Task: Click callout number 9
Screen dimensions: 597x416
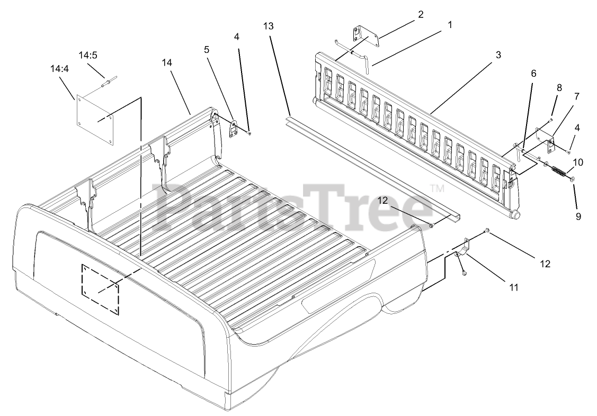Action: [578, 216]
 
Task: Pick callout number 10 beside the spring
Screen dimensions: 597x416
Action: [577, 162]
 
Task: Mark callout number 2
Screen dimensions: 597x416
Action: [420, 14]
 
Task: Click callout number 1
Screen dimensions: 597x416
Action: [450, 24]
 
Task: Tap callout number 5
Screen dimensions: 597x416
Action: [206, 49]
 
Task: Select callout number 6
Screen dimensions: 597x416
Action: [533, 74]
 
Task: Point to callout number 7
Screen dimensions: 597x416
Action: [576, 96]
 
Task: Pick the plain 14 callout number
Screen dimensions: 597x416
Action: [167, 62]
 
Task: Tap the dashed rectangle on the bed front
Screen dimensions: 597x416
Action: [101, 288]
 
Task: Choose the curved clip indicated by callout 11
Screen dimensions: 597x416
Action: [462, 248]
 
